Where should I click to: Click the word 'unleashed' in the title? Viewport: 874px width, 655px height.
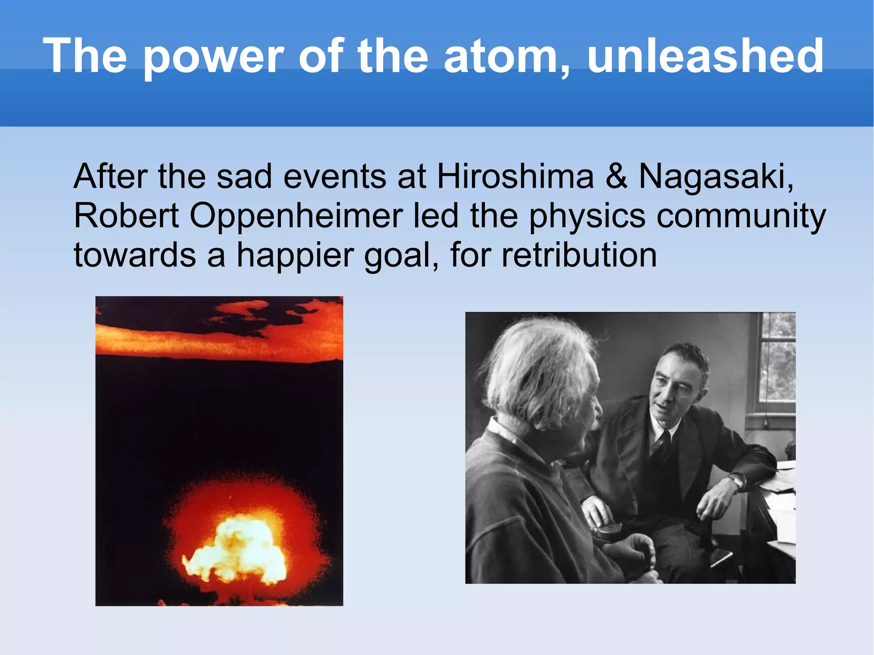705,56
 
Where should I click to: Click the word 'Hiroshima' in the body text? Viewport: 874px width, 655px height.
515,177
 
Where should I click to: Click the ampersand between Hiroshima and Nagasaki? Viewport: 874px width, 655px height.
616,177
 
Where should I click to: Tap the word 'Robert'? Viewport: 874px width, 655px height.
126,216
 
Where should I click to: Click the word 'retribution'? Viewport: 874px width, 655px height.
579,255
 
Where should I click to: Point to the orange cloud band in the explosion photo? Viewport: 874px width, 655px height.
218,337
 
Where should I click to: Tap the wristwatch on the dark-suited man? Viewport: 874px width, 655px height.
737,481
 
